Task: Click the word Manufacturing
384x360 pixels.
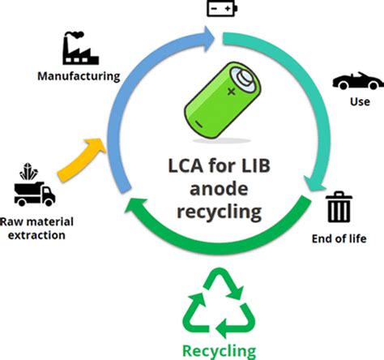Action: (79, 77)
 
